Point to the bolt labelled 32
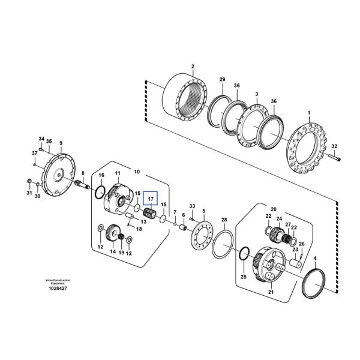point(335,158)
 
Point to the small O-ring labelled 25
point(243,254)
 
